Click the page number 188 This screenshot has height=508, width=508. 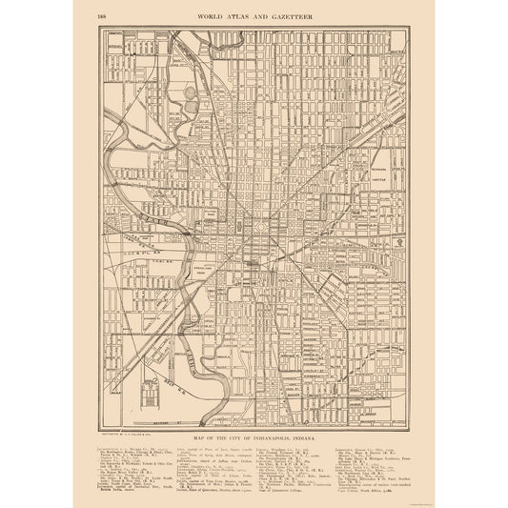102,15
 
